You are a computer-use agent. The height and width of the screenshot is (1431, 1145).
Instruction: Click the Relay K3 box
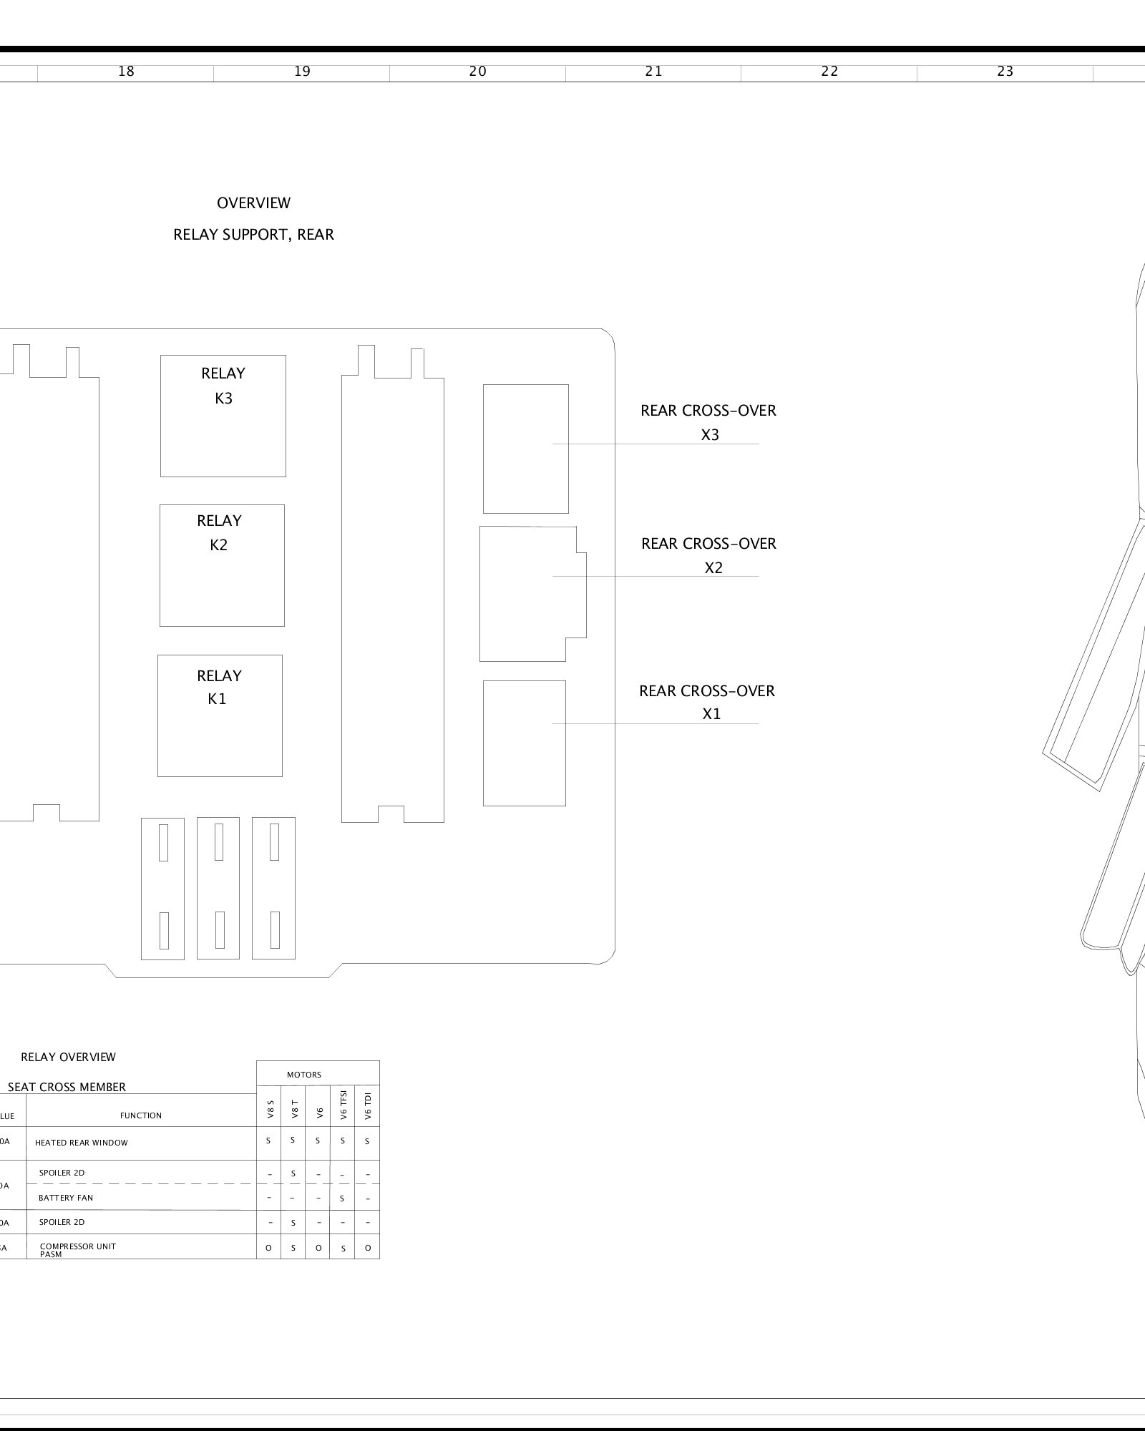click(223, 415)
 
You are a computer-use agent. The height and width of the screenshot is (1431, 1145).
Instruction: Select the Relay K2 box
click(222, 565)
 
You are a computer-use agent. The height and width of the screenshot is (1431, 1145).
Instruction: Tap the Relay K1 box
click(220, 715)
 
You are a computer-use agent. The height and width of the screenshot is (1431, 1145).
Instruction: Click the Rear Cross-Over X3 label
click(708, 422)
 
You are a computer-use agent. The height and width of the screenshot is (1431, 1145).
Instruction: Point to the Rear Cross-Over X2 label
click(709, 555)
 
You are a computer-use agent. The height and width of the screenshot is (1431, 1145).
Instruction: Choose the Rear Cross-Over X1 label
click(708, 702)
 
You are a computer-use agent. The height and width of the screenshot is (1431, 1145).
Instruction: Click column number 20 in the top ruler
click(477, 72)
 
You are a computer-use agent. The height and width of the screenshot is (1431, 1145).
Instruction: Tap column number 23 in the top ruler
click(1005, 72)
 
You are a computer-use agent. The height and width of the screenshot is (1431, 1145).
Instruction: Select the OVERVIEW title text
click(253, 203)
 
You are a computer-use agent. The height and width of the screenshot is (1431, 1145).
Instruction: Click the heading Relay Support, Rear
click(253, 235)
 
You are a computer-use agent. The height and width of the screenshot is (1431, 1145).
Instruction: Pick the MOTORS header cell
click(304, 1075)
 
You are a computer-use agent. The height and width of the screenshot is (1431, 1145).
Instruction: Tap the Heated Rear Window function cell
click(82, 1143)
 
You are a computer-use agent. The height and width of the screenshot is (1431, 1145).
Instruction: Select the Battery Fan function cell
click(66, 1198)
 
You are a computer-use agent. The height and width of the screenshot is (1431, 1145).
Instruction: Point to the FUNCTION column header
click(141, 1115)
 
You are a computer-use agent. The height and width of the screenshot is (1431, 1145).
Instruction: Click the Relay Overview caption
click(68, 1057)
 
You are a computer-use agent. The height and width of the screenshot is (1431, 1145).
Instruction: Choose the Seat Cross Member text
click(67, 1087)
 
